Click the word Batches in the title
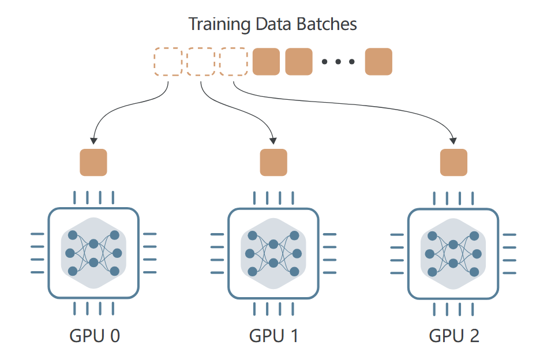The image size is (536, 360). tap(327, 24)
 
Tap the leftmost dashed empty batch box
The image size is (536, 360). tap(168, 62)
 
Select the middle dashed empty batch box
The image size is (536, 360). tap(201, 62)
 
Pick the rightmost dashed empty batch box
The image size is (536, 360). tap(234, 62)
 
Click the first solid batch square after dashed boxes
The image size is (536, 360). tap(266, 62)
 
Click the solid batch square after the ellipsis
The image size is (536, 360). tap(378, 62)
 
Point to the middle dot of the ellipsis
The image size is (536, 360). tap(338, 62)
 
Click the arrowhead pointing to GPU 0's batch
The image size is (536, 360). tap(93, 141)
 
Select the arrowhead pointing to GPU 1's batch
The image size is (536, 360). tap(273, 141)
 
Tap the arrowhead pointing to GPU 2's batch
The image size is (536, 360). tap(453, 141)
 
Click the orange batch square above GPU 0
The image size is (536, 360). tap(93, 162)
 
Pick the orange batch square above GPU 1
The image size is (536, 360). tap(273, 162)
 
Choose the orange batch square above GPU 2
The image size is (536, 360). tap(453, 162)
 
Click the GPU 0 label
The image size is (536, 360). tap(95, 336)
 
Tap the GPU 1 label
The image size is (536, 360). tap(273, 336)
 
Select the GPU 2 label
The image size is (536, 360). tap(454, 336)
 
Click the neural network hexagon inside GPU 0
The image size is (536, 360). tap(93, 253)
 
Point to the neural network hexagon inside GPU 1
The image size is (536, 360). tap(273, 254)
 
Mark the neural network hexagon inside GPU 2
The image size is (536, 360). tap(453, 254)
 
